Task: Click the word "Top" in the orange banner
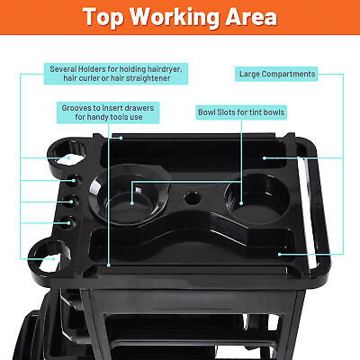tap(103, 17)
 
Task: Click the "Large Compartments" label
tap(276, 74)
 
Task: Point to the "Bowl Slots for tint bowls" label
tap(241, 112)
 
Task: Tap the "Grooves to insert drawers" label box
tap(108, 112)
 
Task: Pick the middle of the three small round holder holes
tap(71, 201)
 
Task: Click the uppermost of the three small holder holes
tap(74, 181)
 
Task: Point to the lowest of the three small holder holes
tap(67, 222)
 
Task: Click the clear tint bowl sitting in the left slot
tap(130, 194)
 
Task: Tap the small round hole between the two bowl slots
tap(192, 198)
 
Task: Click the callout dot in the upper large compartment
tap(265, 158)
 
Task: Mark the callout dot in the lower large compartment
tap(279, 255)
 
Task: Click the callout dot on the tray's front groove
tap(109, 265)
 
